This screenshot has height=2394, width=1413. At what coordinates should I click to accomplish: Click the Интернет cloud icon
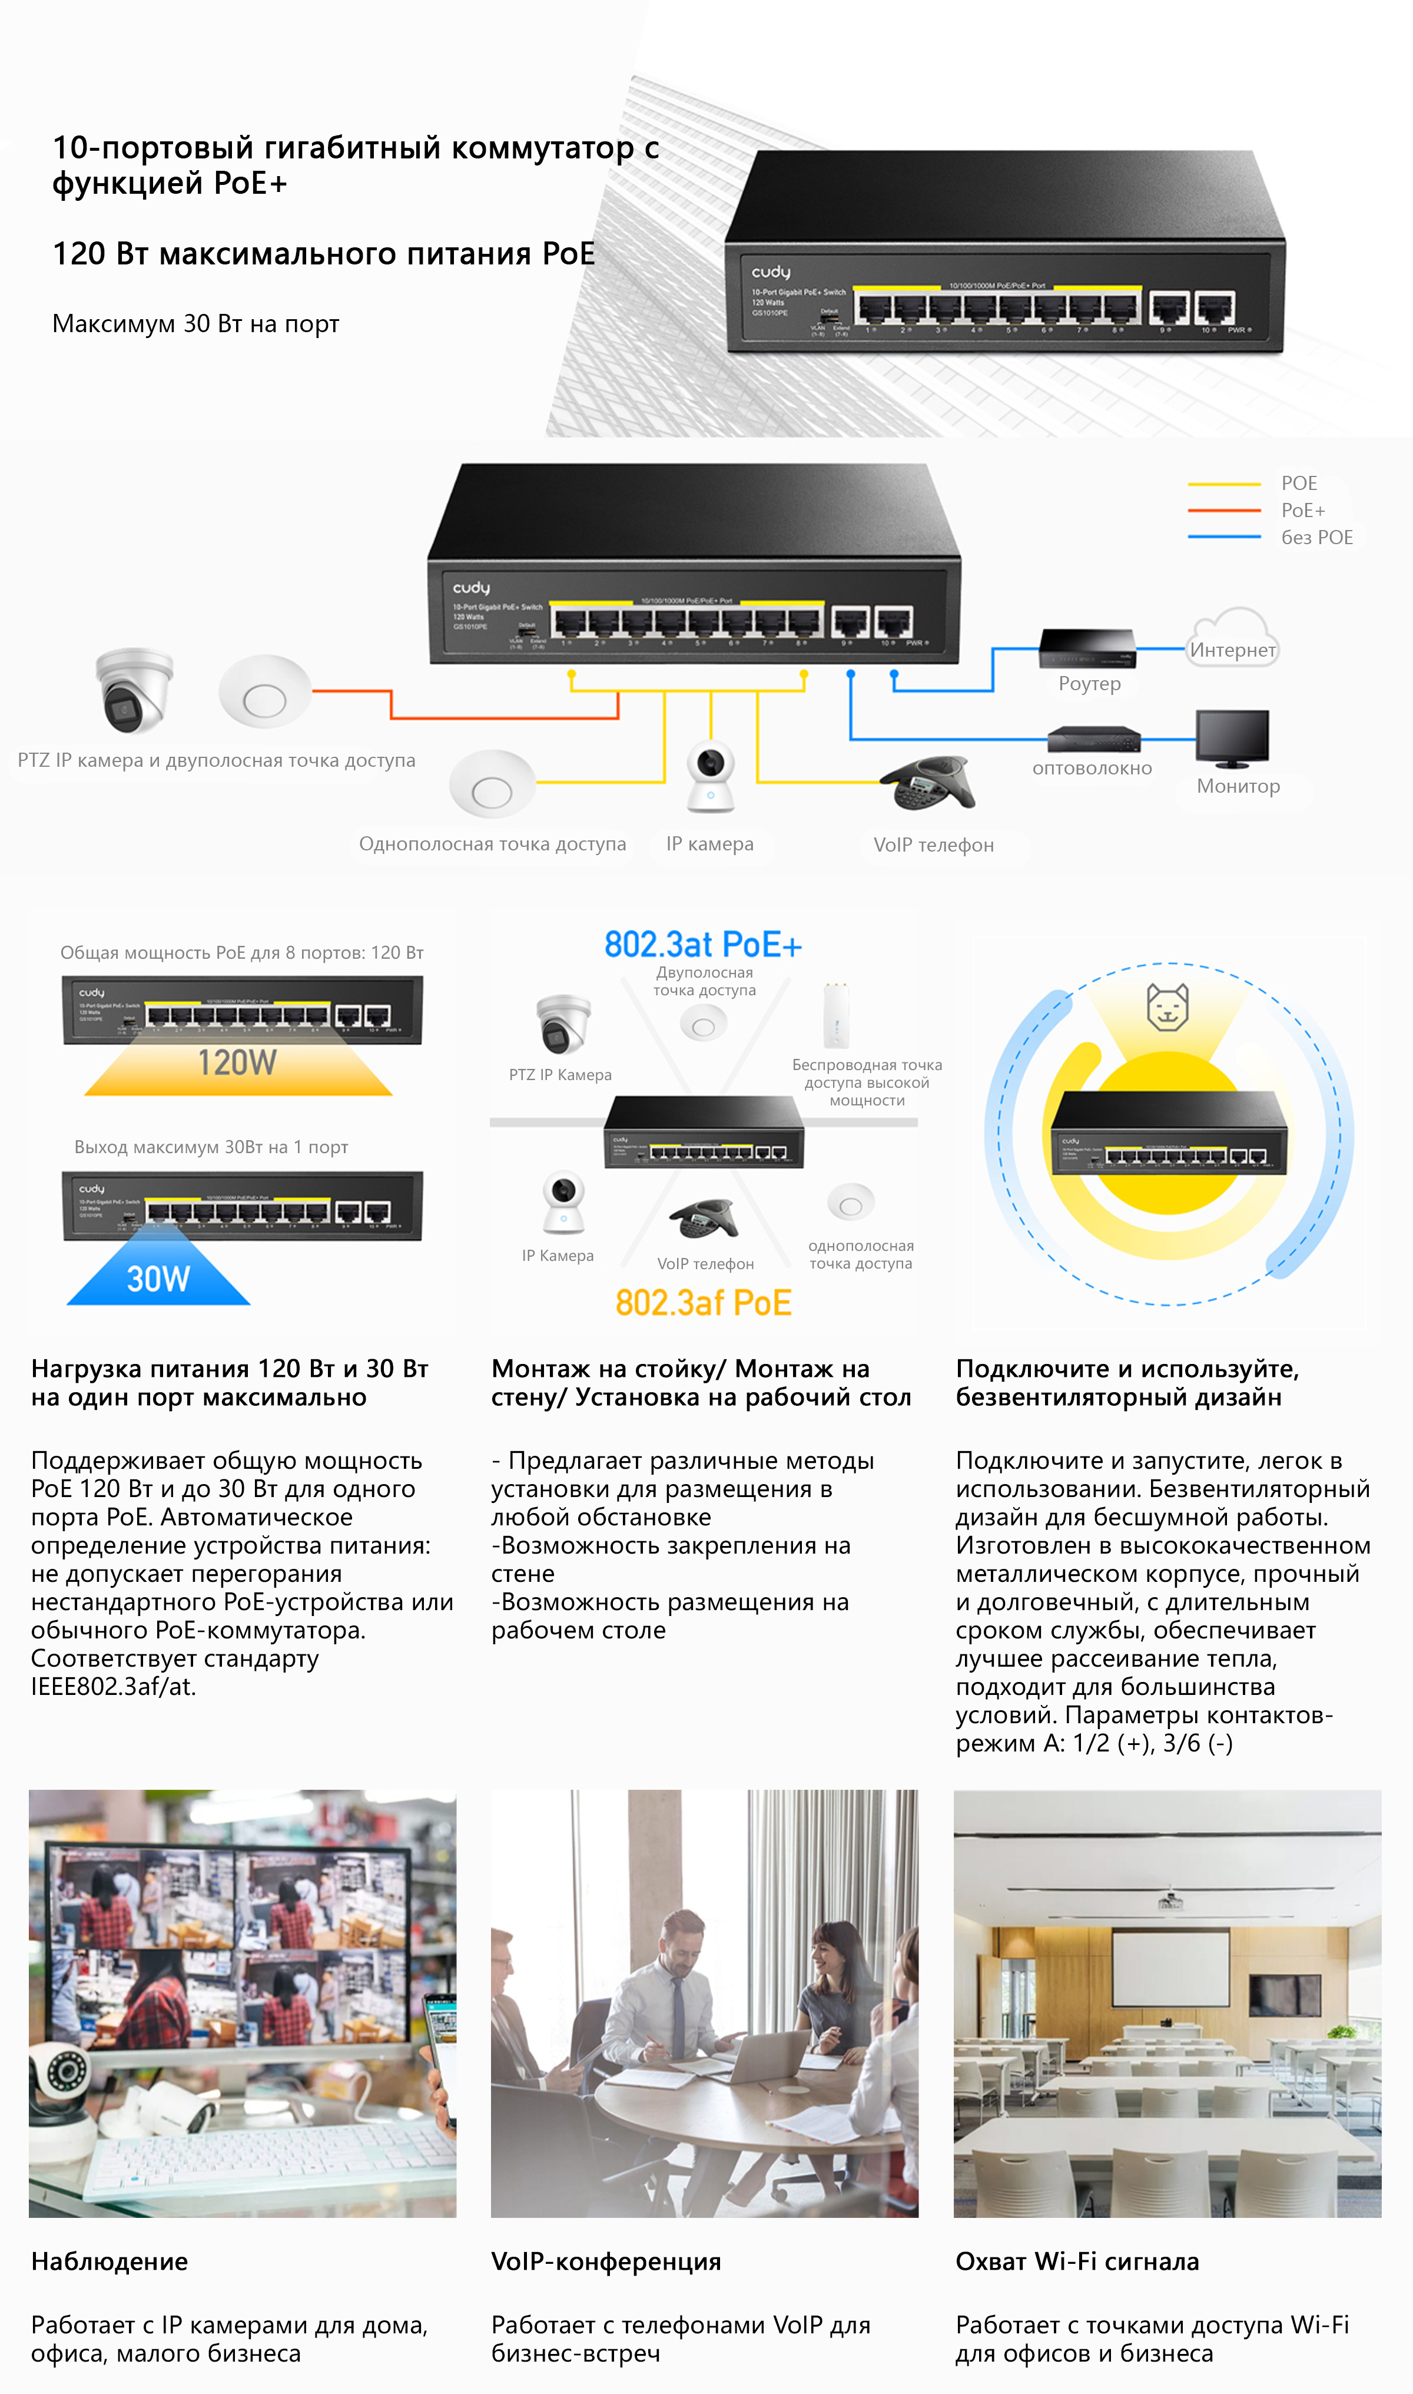pyautogui.click(x=1232, y=636)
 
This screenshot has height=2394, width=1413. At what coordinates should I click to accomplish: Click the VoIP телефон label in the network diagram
pyautogui.click(x=933, y=845)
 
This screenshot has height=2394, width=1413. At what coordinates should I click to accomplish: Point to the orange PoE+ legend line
pyautogui.click(x=1223, y=511)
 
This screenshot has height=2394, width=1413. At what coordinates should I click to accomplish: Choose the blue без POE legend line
pyautogui.click(x=1223, y=537)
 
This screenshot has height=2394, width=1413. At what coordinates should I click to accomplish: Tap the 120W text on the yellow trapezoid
pyautogui.click(x=237, y=1063)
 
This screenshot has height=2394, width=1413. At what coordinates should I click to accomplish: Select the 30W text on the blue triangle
pyautogui.click(x=158, y=1279)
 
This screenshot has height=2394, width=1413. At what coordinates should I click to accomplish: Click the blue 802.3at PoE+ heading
pyautogui.click(x=703, y=945)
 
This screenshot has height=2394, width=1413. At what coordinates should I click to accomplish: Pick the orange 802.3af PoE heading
pyautogui.click(x=703, y=1303)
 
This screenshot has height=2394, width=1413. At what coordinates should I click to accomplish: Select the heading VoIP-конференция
pyautogui.click(x=606, y=2261)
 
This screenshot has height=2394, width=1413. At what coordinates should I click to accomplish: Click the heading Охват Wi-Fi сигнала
pyautogui.click(x=1077, y=2261)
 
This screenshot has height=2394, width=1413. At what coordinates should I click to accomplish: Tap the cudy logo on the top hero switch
pyautogui.click(x=770, y=272)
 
